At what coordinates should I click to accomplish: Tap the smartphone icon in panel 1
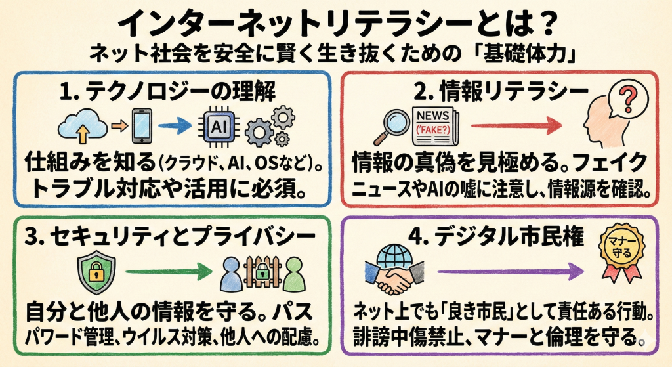coord(139,127)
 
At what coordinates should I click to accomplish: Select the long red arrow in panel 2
coord(516,125)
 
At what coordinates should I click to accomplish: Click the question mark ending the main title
coord(544,25)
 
